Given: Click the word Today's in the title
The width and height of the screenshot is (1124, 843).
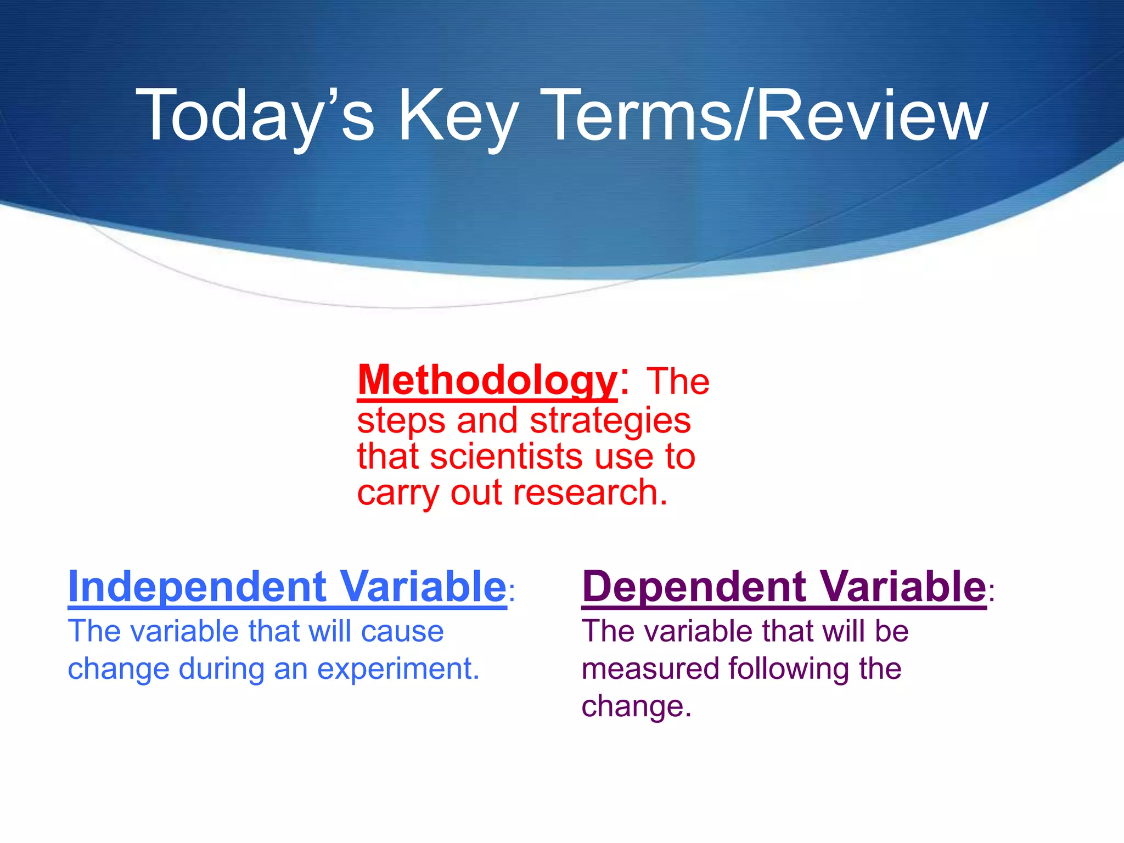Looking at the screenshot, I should [x=255, y=116].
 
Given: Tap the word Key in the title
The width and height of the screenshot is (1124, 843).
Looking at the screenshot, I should [x=457, y=116].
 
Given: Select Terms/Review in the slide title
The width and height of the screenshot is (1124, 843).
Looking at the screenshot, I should [x=766, y=116].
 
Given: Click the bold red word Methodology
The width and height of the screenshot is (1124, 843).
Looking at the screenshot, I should [x=487, y=380].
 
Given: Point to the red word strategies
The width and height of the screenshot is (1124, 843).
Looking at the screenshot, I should [x=610, y=421].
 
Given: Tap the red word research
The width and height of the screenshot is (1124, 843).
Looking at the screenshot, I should [x=590, y=492].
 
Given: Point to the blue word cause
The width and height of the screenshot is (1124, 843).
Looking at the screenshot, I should [x=402, y=631].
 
